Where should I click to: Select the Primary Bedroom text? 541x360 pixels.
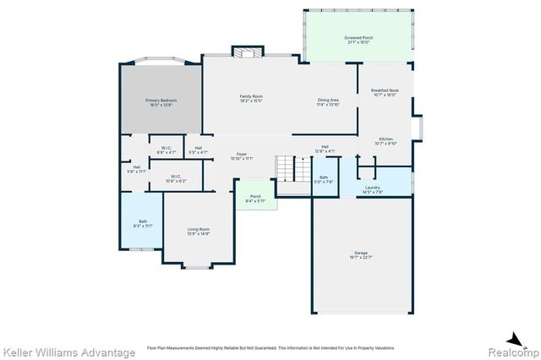coord(161,102)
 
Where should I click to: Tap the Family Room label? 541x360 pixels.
coord(251,99)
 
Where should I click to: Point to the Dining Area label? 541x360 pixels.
coord(328,102)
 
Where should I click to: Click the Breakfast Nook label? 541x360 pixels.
coord(385,92)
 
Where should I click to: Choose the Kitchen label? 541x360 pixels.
coord(385,140)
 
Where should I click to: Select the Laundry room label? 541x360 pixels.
coord(373,189)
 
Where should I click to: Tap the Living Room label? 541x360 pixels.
coord(199,231)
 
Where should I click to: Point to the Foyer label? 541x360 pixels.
coord(242,155)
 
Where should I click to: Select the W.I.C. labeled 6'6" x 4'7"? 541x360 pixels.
coord(167,150)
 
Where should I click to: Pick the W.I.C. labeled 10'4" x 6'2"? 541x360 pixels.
coord(175,178)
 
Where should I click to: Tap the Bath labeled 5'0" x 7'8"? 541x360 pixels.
coord(325,179)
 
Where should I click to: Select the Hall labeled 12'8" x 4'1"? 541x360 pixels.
coord(325,149)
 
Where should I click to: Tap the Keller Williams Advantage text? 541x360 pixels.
coord(69,352)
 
